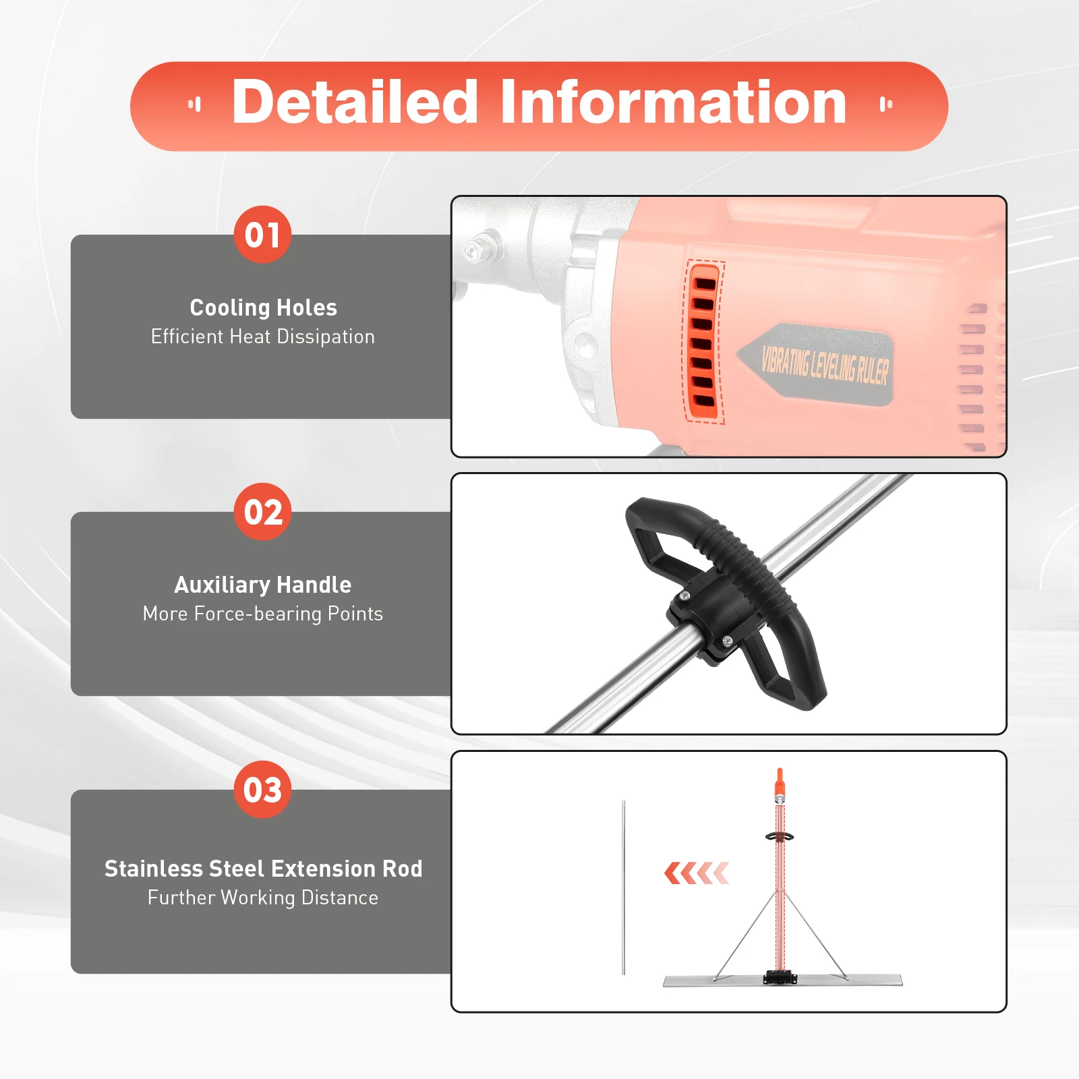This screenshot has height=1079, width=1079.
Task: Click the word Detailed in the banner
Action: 355,103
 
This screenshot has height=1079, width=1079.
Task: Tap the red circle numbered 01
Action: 262,235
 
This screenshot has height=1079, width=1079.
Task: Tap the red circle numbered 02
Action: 262,512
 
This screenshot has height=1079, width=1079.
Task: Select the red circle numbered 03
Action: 262,790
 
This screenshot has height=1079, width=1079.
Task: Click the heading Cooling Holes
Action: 263,308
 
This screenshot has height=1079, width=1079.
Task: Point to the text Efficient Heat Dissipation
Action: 263,337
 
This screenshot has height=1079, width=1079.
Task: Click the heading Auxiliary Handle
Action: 263,585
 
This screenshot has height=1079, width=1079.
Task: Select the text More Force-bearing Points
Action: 263,614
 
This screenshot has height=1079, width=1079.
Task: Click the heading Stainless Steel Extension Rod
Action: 263,869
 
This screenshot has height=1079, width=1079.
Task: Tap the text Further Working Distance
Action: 263,898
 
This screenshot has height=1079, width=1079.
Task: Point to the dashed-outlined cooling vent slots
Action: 703,343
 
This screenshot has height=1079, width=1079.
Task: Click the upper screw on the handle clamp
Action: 685,596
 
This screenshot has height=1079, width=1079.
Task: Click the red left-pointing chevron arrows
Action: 696,873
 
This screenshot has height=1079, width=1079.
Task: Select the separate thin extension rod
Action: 624,887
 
